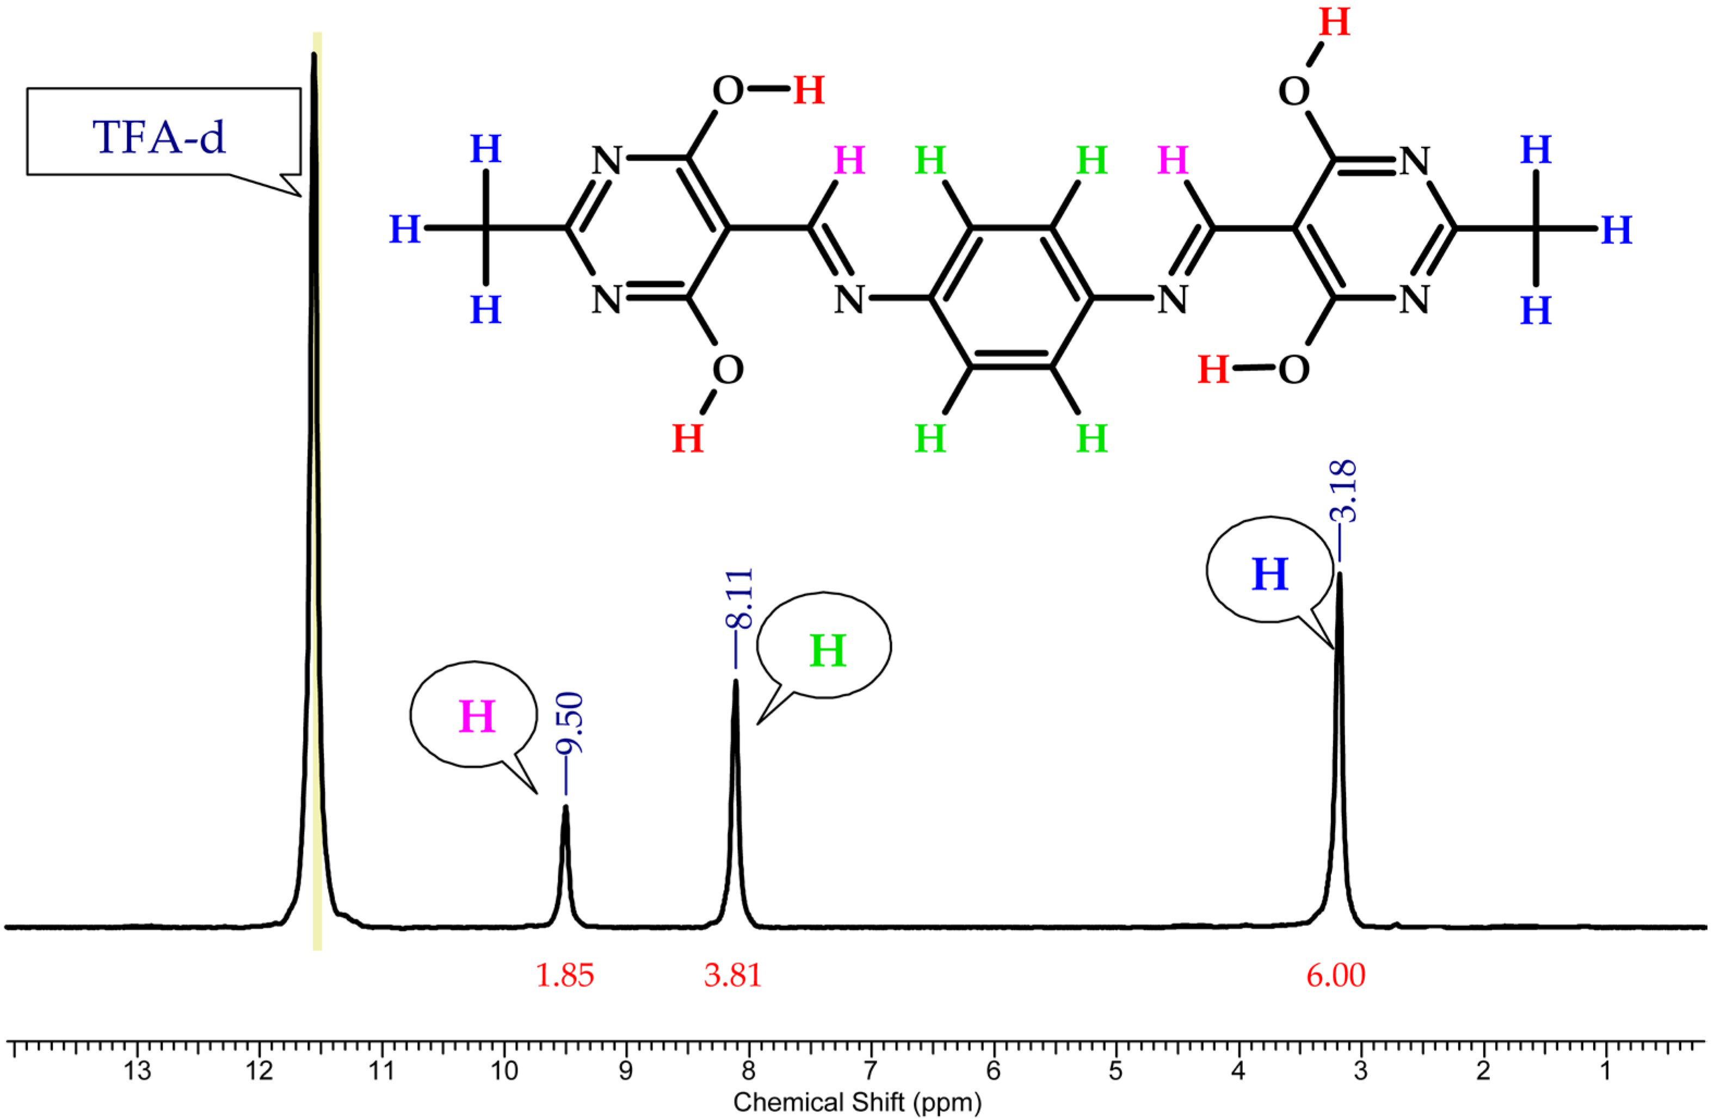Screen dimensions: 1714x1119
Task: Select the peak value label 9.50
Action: click(x=569, y=722)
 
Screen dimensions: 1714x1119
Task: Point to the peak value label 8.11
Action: click(x=739, y=598)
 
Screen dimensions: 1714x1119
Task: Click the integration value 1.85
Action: click(x=565, y=976)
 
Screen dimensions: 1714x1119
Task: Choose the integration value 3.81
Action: click(x=733, y=976)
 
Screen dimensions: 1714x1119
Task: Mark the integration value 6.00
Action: click(x=1336, y=976)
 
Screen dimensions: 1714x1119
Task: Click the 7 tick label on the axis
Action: click(x=871, y=1072)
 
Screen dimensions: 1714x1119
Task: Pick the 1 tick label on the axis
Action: click(x=1605, y=1072)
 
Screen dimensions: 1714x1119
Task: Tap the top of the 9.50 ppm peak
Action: click(x=566, y=808)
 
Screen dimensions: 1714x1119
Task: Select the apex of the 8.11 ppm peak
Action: click(x=735, y=681)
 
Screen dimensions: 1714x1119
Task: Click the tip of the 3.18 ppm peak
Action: click(x=1340, y=574)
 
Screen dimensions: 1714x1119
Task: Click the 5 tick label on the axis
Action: click(x=1115, y=1072)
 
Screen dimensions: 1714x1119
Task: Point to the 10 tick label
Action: click(x=504, y=1072)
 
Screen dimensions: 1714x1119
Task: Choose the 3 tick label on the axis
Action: click(x=1360, y=1072)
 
